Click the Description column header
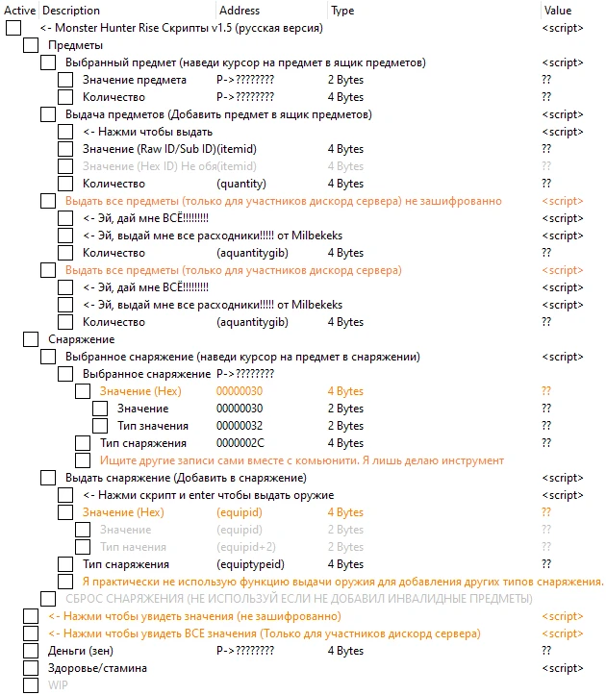click(x=70, y=11)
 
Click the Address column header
click(x=240, y=11)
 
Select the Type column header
click(x=341, y=11)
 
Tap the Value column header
click(x=557, y=11)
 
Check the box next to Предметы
click(x=31, y=45)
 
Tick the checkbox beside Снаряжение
click(x=31, y=339)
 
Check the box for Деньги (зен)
click(x=31, y=651)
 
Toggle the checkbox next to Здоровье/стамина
click(x=31, y=668)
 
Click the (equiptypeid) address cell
click(x=251, y=564)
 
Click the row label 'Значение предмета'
click(x=135, y=80)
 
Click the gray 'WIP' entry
click(x=59, y=685)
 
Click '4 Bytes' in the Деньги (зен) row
click(x=345, y=651)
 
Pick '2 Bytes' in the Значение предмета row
click(x=345, y=80)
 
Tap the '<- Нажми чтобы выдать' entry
click(x=147, y=132)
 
